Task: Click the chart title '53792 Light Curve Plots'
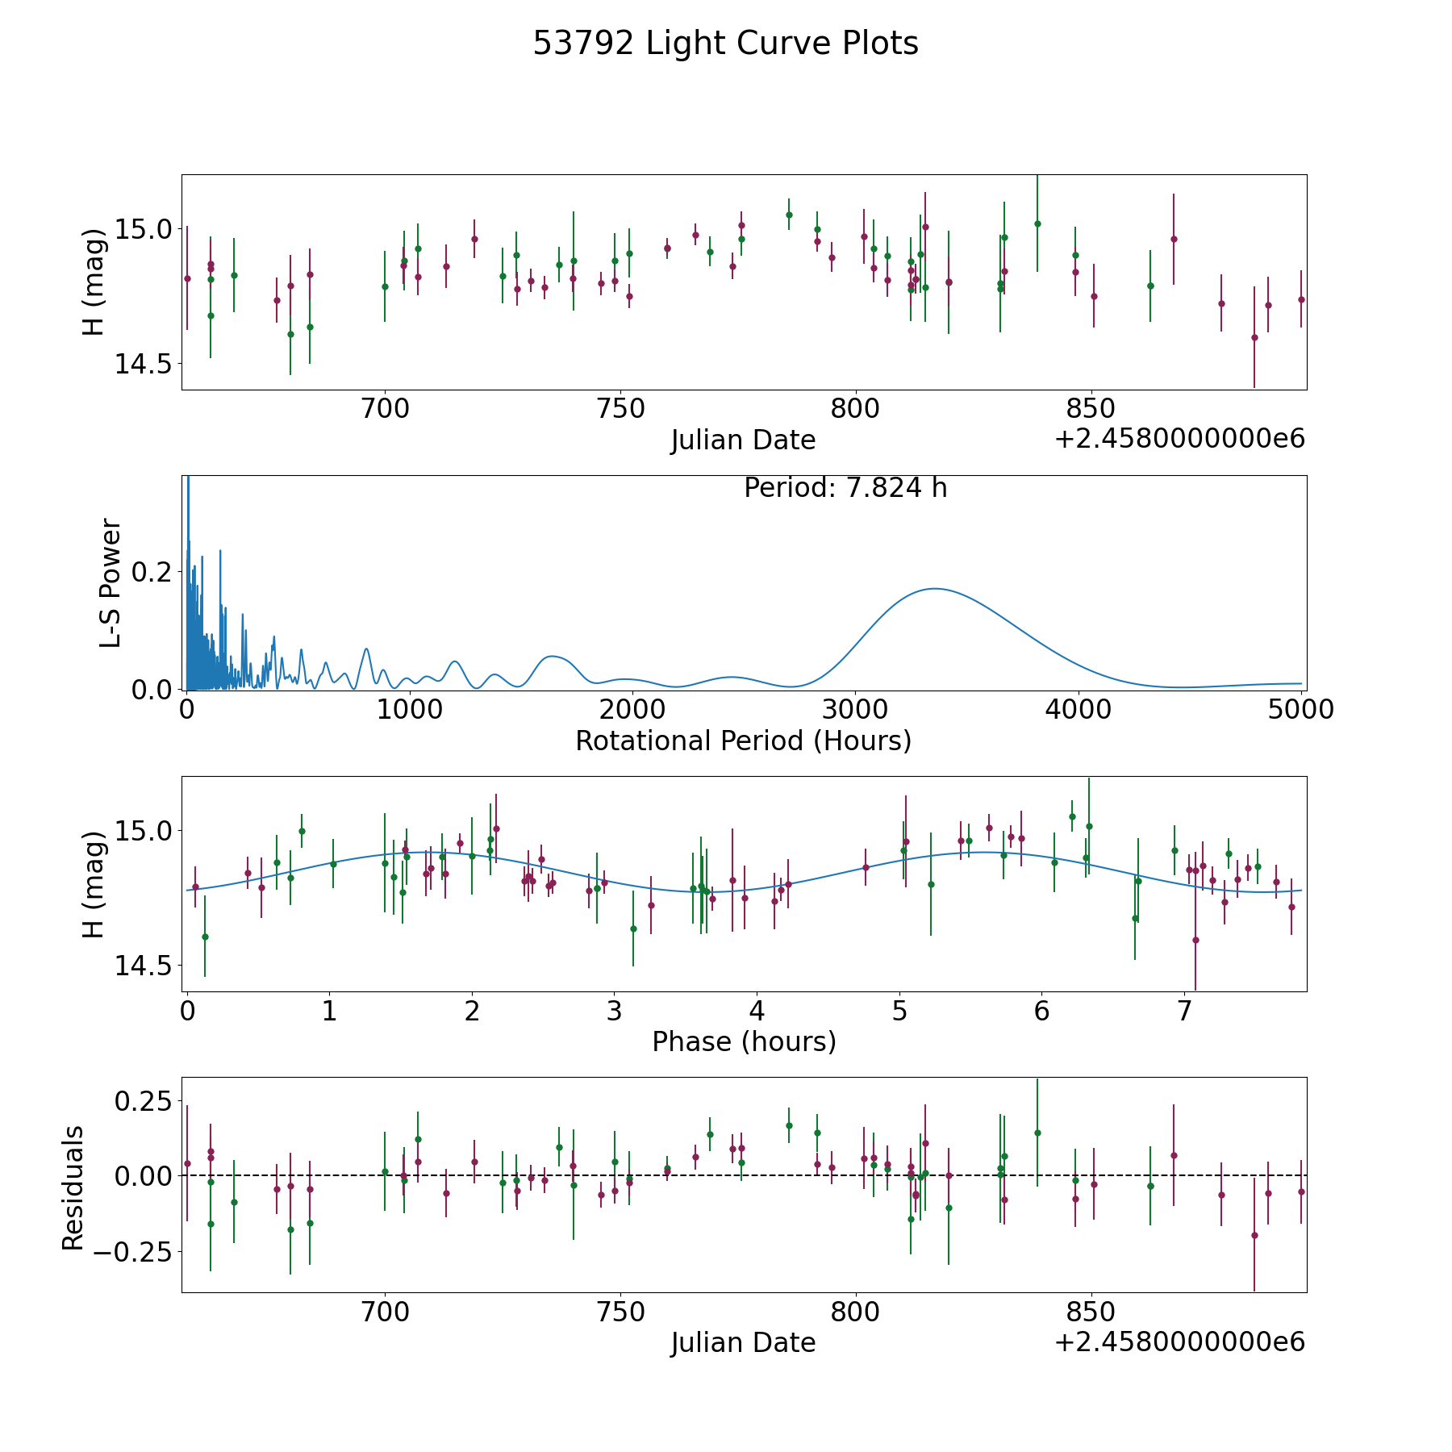pos(725,44)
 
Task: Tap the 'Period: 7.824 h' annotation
pos(845,488)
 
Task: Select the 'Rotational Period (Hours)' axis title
pos(743,741)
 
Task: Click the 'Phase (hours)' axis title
pos(744,1041)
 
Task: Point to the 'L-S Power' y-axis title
pos(111,582)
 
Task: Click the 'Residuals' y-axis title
pos(73,1187)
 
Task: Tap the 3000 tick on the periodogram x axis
pos(854,710)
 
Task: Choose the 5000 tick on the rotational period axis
pos(1300,710)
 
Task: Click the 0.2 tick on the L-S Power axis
pos(152,572)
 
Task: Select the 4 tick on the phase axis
pos(757,1011)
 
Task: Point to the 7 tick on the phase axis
pos(1184,1011)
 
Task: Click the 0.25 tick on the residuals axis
pos(142,1100)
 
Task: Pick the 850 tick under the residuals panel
pos(1091,1312)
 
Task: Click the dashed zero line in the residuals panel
pos(744,1175)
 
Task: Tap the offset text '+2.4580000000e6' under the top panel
pos(1180,439)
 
